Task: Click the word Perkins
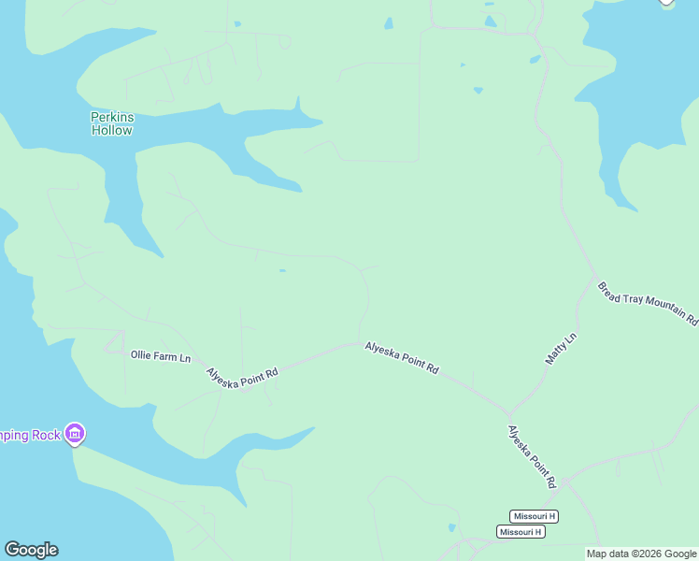coord(112,117)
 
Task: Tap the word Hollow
coord(112,130)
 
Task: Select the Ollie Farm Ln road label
coord(161,356)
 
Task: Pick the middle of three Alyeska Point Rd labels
coord(402,357)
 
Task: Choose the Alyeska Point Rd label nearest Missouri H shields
coord(532,456)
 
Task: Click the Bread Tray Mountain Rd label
coord(648,304)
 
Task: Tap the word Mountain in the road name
coord(661,309)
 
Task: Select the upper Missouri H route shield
coord(534,516)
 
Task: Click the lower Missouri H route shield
coord(521,531)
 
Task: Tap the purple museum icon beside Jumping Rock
coord(76,434)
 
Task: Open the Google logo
coord(31,550)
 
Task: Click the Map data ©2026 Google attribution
coord(641,554)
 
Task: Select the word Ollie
coord(140,356)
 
